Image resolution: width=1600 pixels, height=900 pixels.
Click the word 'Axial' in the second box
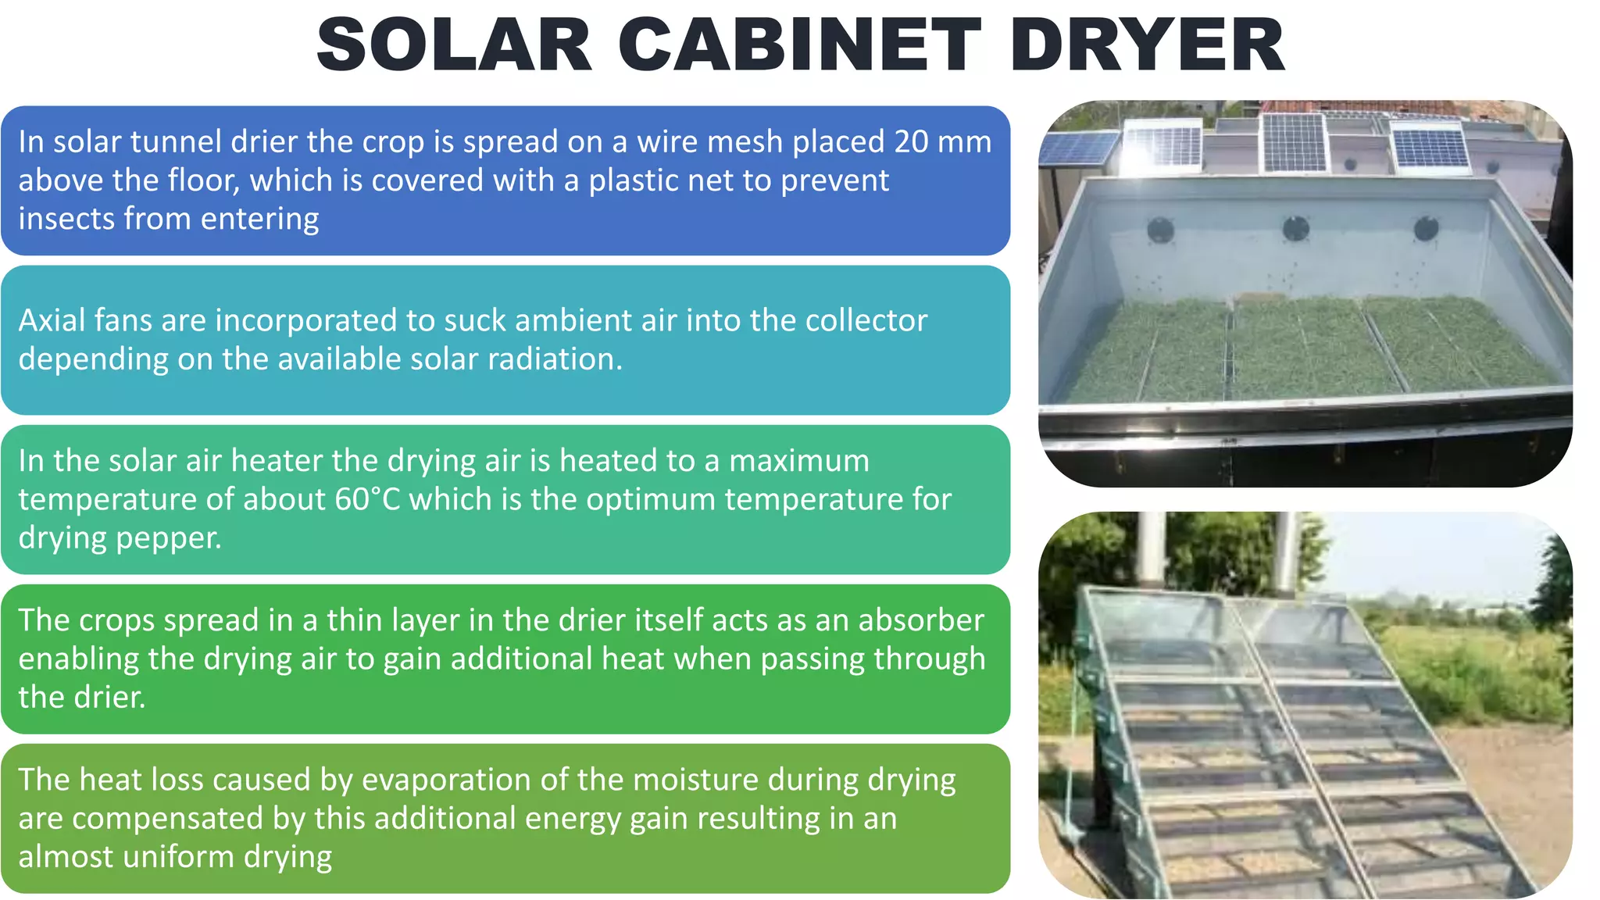click(51, 321)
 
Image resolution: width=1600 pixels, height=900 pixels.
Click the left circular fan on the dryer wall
click(1161, 230)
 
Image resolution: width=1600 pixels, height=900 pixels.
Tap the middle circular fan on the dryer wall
click(1296, 229)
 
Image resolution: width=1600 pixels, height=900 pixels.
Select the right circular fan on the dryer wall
click(1426, 228)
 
